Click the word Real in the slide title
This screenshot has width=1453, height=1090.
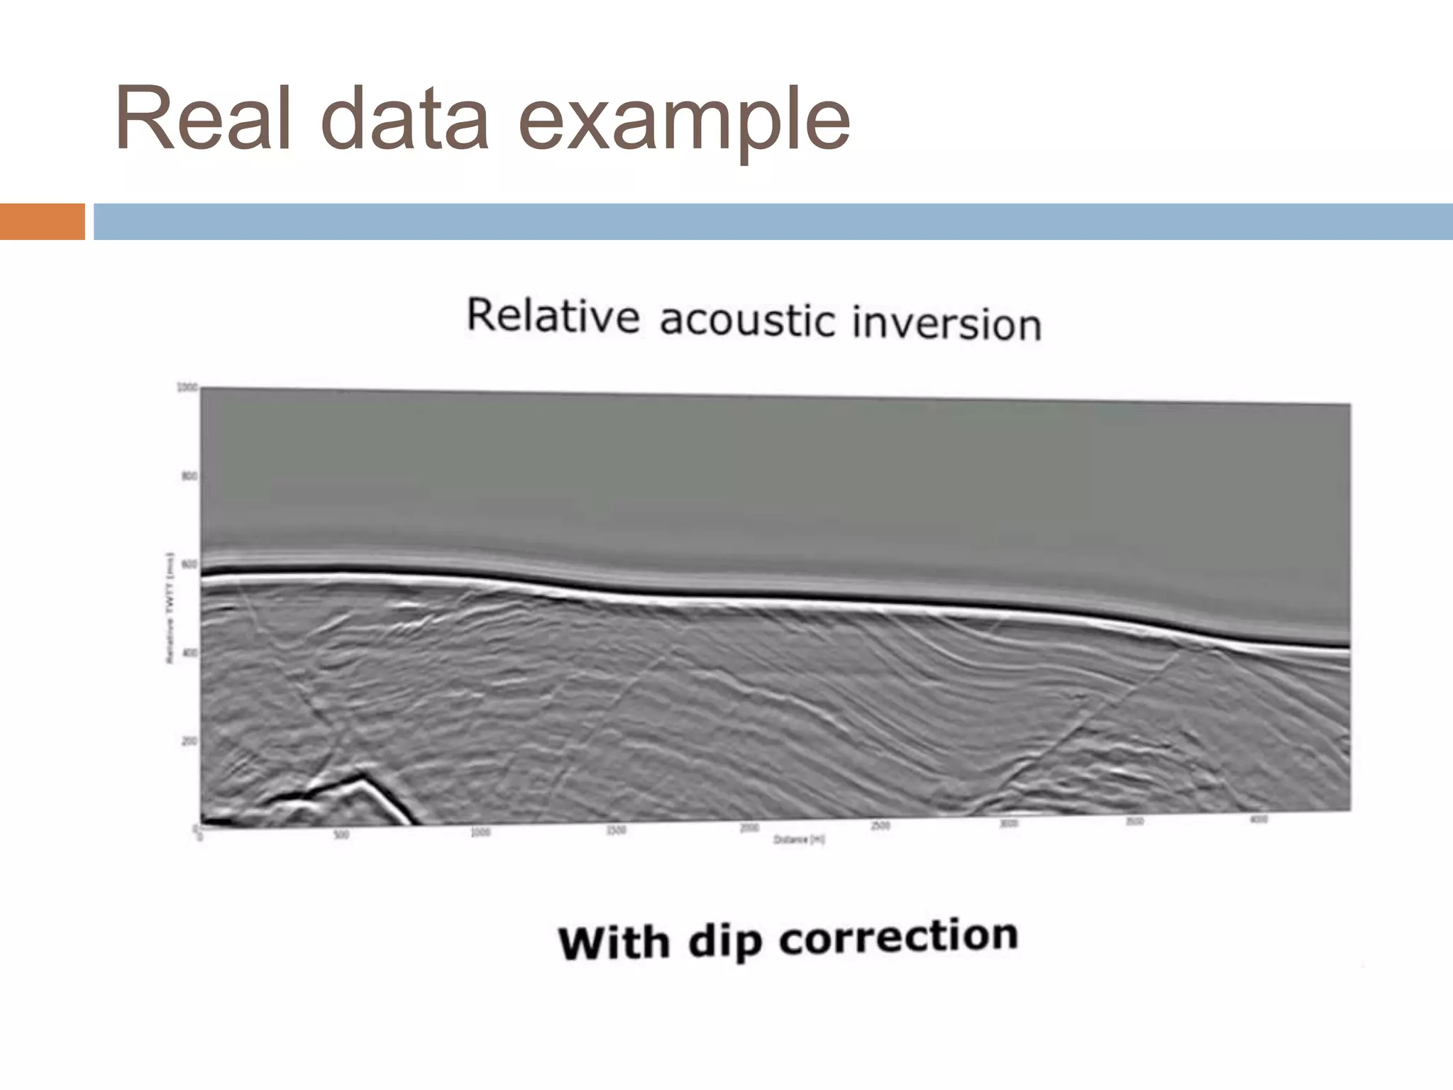pyautogui.click(x=203, y=119)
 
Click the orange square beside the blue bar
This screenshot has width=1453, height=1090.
pyautogui.click(x=42, y=221)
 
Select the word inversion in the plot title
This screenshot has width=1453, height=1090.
pyautogui.click(x=946, y=324)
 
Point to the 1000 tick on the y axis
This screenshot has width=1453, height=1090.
pyautogui.click(x=186, y=387)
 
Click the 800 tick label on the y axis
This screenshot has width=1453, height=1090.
pyautogui.click(x=188, y=477)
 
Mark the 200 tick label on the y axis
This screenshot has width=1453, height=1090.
pyautogui.click(x=188, y=742)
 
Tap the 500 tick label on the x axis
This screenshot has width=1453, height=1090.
pyautogui.click(x=341, y=835)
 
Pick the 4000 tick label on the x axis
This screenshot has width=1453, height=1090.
pyautogui.click(x=1258, y=820)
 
